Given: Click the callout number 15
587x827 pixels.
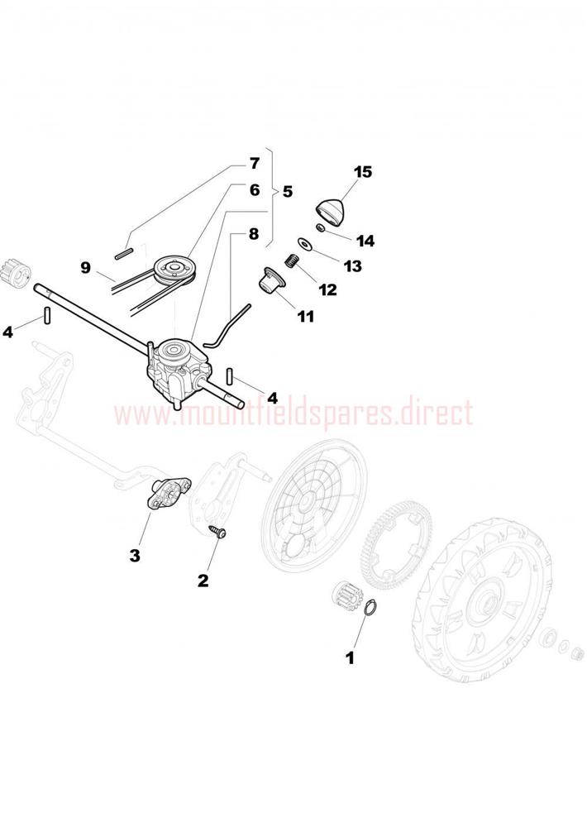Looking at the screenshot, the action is pos(363,172).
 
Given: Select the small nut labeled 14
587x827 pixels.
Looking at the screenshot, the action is pos(320,227).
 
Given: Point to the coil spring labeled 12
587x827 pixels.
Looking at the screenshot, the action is pos(290,260).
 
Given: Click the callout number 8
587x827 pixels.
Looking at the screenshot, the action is pos(254,234).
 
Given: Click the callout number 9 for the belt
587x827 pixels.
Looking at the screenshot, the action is pos(85,268).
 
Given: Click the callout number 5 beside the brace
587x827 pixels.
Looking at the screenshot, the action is pos(288,191).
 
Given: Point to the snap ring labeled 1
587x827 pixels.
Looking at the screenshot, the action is pos(371,608).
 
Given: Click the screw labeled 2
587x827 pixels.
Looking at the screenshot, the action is pos(217,530).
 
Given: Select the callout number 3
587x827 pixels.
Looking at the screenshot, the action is pos(135,556).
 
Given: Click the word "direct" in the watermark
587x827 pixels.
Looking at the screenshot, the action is pos(436,413).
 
